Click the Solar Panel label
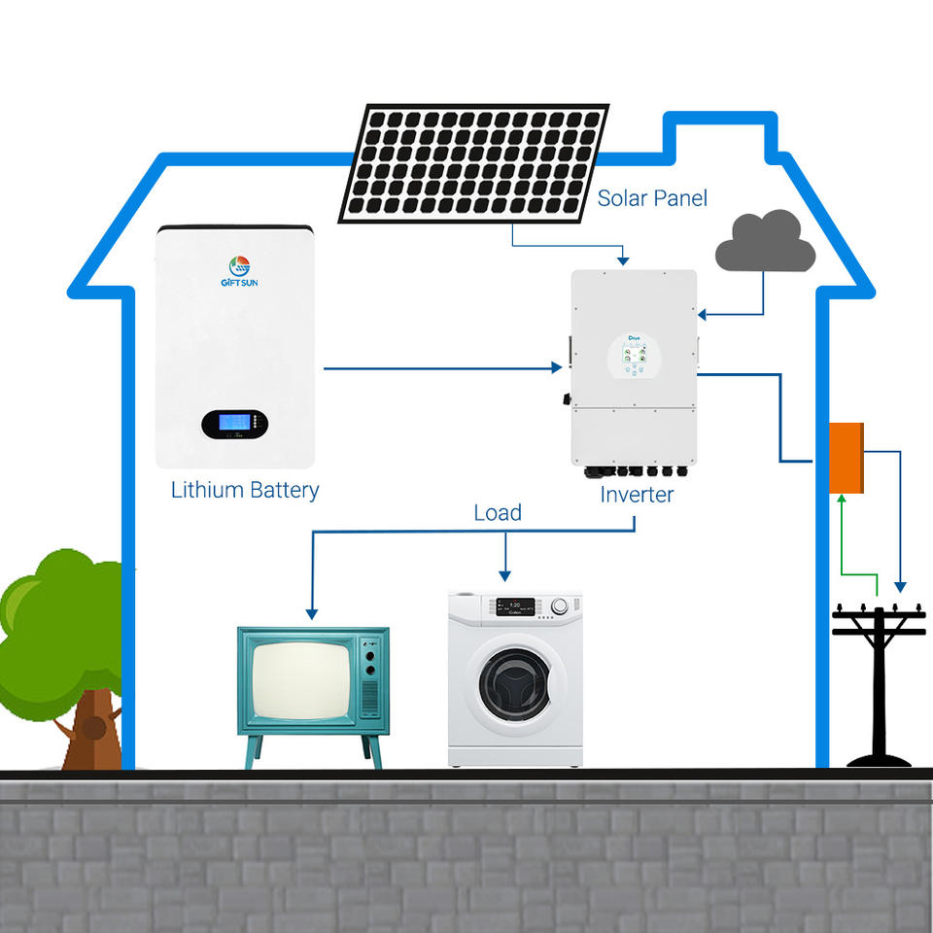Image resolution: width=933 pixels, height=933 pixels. pos(652,198)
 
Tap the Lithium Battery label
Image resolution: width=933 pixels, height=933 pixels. pos(245,490)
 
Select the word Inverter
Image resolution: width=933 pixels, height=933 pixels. pos(637,495)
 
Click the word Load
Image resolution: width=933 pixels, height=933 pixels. pos(498,512)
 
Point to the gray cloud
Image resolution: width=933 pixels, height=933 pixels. pos(765,244)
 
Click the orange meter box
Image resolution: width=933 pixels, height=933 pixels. pos(846,458)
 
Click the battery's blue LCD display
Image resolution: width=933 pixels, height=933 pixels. pos(233,423)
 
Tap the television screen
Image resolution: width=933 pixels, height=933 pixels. pos(299,678)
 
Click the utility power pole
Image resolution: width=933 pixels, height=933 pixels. pos(880,680)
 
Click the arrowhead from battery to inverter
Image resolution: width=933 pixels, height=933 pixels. pos(557,367)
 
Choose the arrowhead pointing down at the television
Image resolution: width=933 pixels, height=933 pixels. pos(311,613)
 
